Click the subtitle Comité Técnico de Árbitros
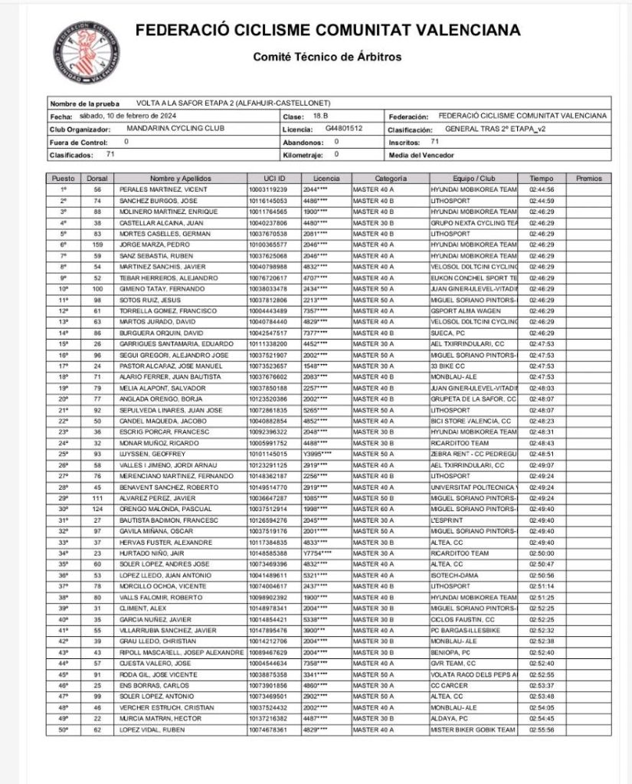coord(327,57)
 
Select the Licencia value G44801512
coord(344,128)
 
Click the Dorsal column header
coord(97,178)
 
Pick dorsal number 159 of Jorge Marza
coord(97,244)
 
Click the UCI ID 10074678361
coord(267,730)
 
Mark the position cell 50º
coord(64,730)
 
